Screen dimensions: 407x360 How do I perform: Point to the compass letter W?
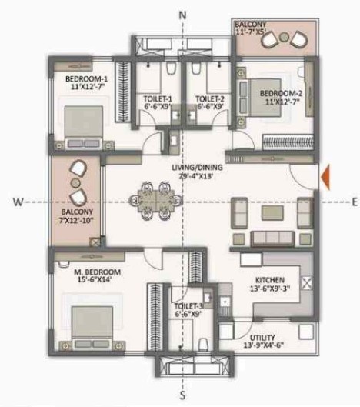tap(16, 202)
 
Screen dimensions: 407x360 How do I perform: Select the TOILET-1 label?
tap(157, 98)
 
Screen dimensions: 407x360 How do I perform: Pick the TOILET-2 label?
tap(209, 98)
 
